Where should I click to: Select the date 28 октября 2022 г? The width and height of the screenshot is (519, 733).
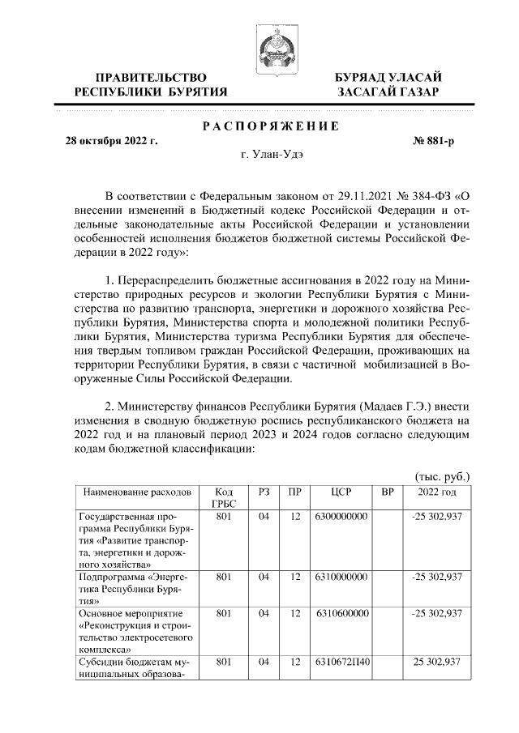pos(111,140)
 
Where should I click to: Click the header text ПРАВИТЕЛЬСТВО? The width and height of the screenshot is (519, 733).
pos(150,77)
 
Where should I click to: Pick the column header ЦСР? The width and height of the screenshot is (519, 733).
pos(341,492)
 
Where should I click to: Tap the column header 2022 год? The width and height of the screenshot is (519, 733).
pos(436,492)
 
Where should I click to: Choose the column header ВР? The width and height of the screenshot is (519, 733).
pos(387,492)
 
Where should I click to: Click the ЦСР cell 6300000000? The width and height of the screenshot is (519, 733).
pos(341,515)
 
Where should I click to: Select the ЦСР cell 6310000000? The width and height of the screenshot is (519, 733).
pos(341,577)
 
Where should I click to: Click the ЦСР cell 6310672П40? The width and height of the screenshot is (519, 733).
pos(341,662)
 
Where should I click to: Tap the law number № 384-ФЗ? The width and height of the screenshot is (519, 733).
pos(425,195)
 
